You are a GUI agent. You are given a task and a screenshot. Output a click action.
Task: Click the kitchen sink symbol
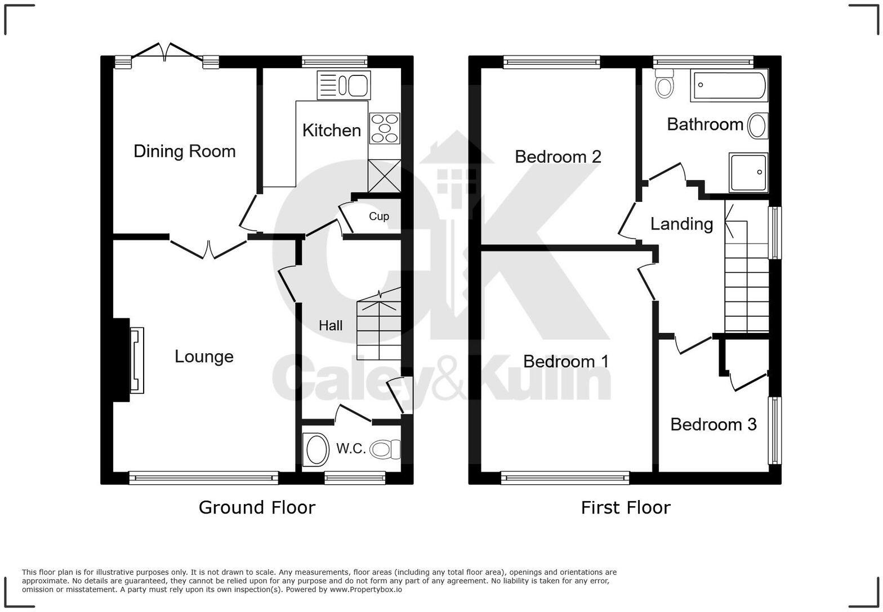pyautogui.click(x=344, y=85)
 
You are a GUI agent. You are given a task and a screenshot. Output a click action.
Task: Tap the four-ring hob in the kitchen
pyautogui.click(x=385, y=128)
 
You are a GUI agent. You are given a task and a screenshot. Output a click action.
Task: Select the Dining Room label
pyautogui.click(x=184, y=151)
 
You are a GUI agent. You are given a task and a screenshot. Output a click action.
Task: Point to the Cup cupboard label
pyautogui.click(x=378, y=217)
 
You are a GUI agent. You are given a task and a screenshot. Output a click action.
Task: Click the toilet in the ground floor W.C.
pyautogui.click(x=385, y=449)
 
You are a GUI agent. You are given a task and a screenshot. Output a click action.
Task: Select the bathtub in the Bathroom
pyautogui.click(x=729, y=85)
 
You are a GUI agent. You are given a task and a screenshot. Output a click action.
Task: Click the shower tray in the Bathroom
pyautogui.click(x=748, y=172)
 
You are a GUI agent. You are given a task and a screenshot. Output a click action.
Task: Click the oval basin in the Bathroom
pyautogui.click(x=757, y=126)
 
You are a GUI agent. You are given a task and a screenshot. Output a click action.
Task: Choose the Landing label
pyautogui.click(x=681, y=224)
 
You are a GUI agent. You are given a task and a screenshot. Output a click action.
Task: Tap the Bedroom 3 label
pyautogui.click(x=713, y=424)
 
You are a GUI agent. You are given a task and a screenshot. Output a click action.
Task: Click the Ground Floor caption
pyautogui.click(x=257, y=507)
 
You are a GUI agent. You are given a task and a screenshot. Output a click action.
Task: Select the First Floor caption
pyautogui.click(x=626, y=508)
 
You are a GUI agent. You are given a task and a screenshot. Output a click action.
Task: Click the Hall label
pyautogui.click(x=330, y=325)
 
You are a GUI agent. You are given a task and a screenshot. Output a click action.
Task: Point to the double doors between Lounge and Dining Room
pyautogui.click(x=208, y=250)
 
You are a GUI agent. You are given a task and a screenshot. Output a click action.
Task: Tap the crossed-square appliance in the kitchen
pyautogui.click(x=385, y=176)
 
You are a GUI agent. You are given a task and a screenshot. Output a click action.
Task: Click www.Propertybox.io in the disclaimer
pyautogui.click(x=365, y=589)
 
